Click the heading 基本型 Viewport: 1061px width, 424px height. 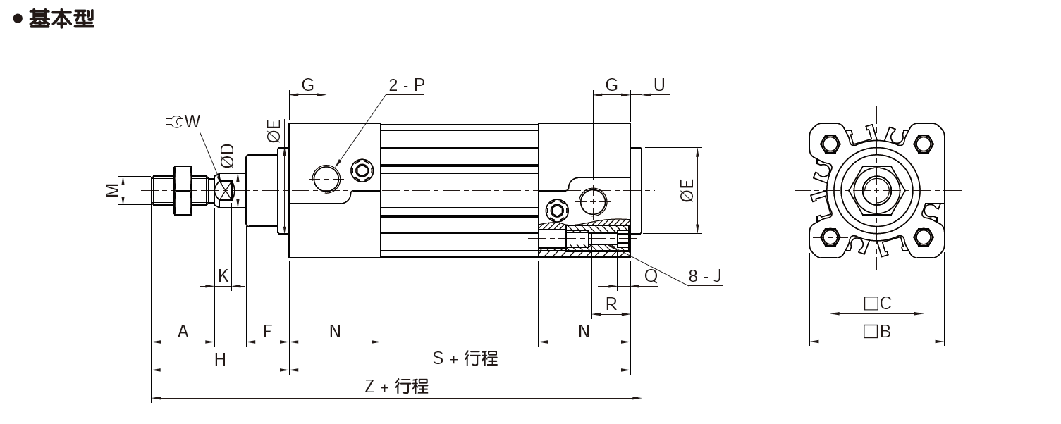point(61,19)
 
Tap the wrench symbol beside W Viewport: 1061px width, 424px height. point(174,122)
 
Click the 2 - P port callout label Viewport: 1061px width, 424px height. point(407,85)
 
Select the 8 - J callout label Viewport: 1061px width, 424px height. point(705,275)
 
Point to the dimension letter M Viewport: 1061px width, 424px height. point(112,190)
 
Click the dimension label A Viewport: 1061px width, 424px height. point(183,331)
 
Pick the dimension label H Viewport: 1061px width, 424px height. point(220,360)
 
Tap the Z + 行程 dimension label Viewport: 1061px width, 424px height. point(396,387)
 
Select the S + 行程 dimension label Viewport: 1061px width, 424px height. point(465,358)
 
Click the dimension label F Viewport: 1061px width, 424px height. point(268,331)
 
